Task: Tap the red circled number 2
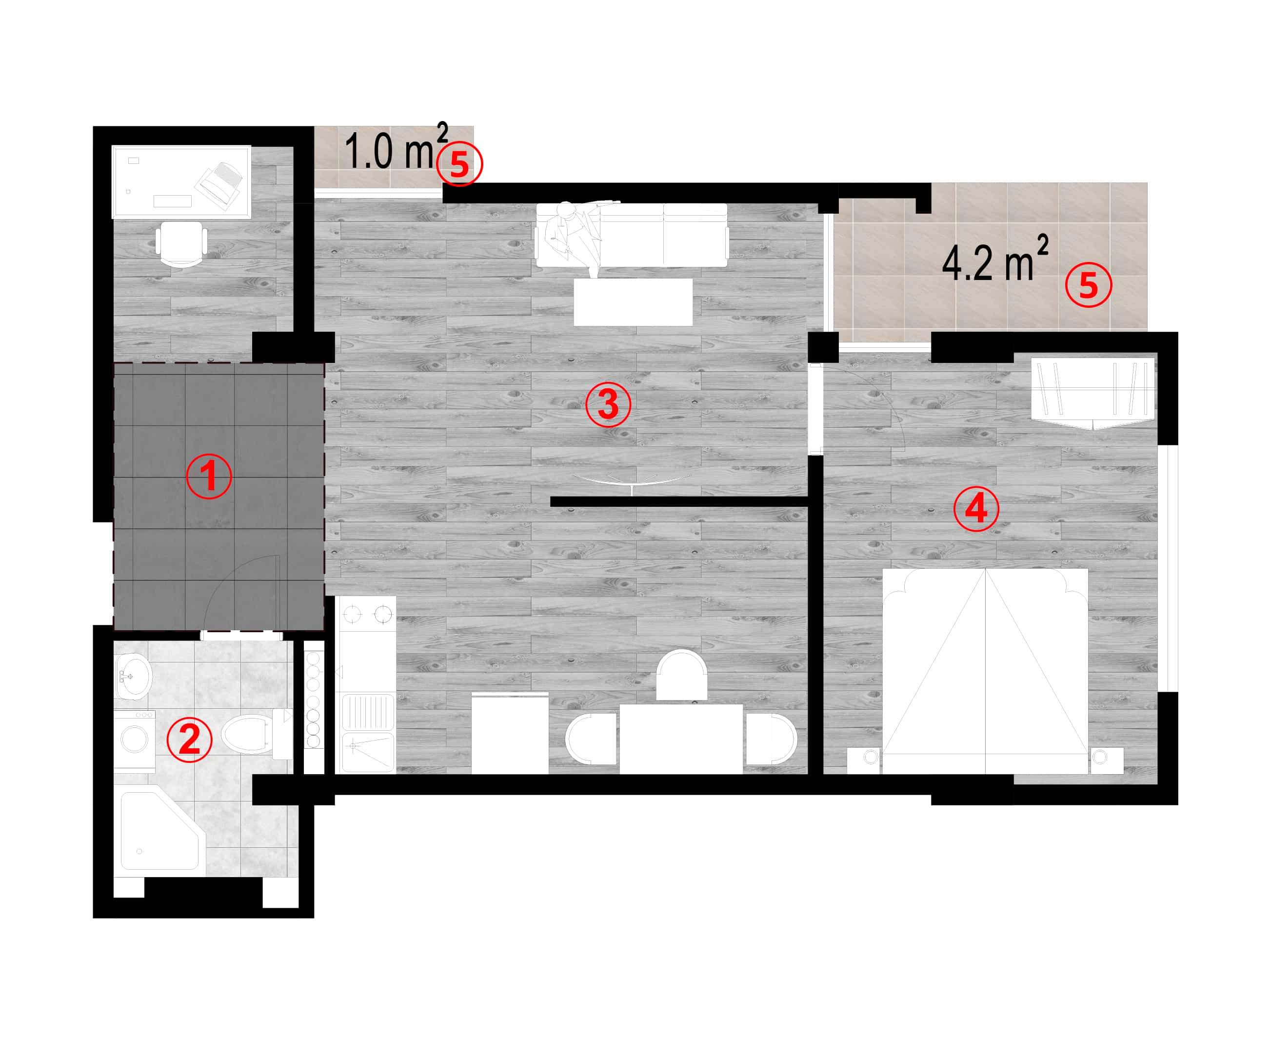(189, 739)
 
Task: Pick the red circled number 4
(976, 509)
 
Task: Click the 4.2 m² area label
(995, 260)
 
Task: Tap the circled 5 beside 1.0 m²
(459, 163)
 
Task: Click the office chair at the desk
(181, 244)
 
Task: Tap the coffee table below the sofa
(633, 302)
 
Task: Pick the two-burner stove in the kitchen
(368, 614)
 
